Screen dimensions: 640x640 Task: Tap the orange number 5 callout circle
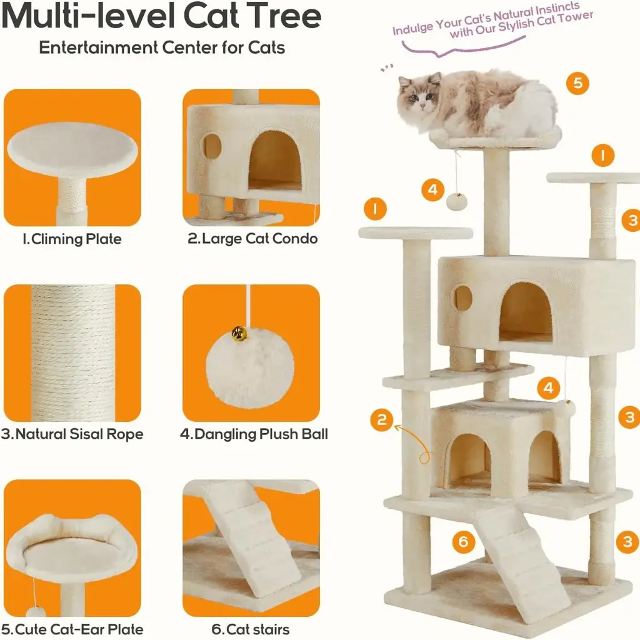[577, 83]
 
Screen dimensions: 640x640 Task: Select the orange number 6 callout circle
[463, 542]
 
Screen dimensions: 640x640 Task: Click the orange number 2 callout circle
[382, 419]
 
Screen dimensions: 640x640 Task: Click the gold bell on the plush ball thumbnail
[239, 334]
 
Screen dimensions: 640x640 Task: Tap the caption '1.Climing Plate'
[72, 239]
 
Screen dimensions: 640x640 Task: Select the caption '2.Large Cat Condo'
[252, 238]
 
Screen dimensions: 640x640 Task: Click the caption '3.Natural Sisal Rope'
[72, 434]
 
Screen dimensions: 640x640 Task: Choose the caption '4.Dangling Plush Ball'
[254, 434]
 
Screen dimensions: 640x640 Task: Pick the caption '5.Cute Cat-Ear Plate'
[72, 629]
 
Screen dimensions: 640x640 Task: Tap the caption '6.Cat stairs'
[251, 629]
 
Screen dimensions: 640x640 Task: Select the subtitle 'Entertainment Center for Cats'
[162, 47]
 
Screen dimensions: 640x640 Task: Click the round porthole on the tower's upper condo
[462, 297]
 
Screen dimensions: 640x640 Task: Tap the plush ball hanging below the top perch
[457, 202]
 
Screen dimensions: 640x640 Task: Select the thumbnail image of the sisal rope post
[72, 353]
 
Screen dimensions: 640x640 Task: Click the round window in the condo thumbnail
[212, 146]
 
